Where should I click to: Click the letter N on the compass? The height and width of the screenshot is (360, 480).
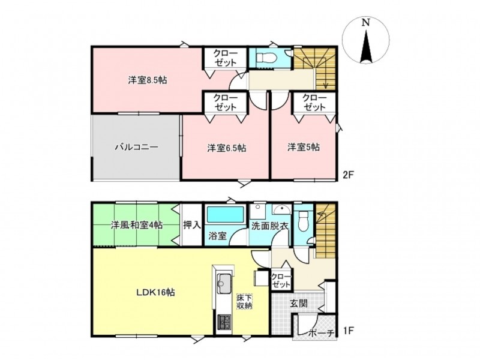tap(365, 23)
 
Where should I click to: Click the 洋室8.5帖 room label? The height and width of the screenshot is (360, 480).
tap(148, 80)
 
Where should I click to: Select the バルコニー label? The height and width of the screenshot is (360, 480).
tap(137, 147)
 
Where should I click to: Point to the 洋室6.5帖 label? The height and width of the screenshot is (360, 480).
tap(227, 148)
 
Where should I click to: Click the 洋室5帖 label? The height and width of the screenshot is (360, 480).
tap(304, 147)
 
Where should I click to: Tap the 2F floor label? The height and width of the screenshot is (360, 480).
tap(349, 175)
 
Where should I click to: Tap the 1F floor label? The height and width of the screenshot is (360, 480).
tap(349, 331)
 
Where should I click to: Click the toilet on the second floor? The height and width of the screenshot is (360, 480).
tap(266, 57)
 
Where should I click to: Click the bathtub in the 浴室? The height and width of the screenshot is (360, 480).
tap(226, 214)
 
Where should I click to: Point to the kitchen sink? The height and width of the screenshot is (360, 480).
tap(224, 283)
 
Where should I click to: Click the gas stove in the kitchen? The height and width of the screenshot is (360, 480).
tap(224, 322)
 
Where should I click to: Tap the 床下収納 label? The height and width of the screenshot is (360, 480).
tap(244, 302)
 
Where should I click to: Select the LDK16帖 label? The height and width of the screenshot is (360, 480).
tap(155, 293)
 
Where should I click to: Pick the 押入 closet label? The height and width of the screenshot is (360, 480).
tap(192, 226)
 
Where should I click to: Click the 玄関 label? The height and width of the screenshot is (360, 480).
tap(299, 304)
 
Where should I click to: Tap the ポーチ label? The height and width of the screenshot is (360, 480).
tap(321, 333)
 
